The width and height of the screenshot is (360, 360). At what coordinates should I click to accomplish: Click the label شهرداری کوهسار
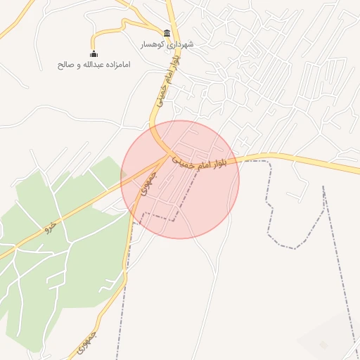point(167,44)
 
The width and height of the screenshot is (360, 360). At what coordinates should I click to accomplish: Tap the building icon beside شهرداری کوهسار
point(167,33)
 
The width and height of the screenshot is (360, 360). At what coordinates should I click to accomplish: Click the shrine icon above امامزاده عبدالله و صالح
point(94,53)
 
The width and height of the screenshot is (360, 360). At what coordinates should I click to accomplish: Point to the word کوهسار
point(152,44)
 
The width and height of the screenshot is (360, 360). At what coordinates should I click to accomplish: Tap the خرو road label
point(49,227)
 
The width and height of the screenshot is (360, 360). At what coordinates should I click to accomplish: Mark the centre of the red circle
point(180,179)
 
